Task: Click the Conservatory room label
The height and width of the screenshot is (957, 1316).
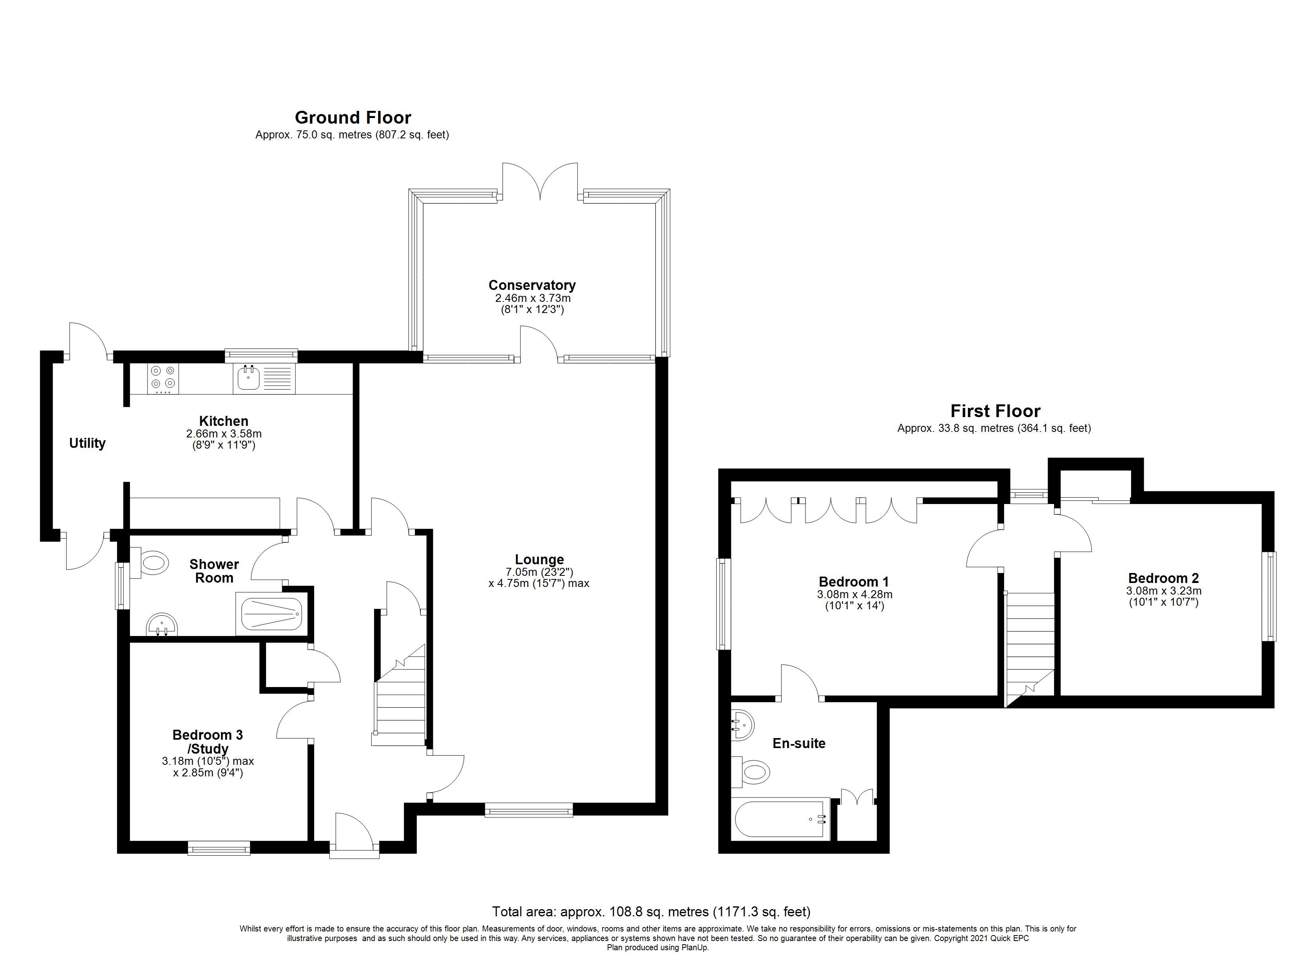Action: pyautogui.click(x=532, y=285)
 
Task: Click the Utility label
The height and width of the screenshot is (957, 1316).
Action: pyautogui.click(x=87, y=443)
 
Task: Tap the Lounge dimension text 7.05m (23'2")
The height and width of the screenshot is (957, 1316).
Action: pyautogui.click(x=539, y=572)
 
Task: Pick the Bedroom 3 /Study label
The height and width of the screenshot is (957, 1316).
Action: pyautogui.click(x=208, y=742)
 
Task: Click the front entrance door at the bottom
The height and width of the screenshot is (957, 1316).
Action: pyautogui.click(x=354, y=836)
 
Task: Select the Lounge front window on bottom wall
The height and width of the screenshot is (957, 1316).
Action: pyautogui.click(x=529, y=810)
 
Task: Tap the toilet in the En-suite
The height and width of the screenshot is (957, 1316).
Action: pyautogui.click(x=753, y=772)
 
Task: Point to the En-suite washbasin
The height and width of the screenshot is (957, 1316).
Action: pyautogui.click(x=742, y=725)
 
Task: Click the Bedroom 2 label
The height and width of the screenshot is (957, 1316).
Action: pyautogui.click(x=1163, y=578)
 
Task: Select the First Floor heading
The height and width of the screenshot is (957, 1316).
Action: pyautogui.click(x=995, y=411)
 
